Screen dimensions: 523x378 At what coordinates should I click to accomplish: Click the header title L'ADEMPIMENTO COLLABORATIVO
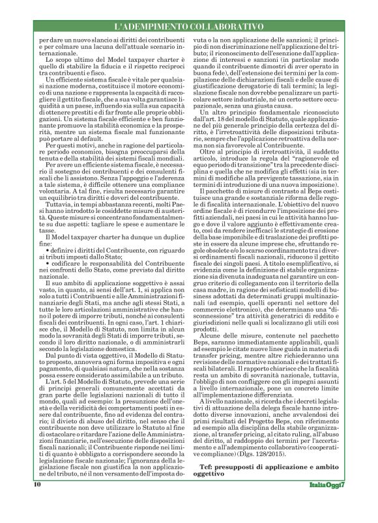tap(189, 27)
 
